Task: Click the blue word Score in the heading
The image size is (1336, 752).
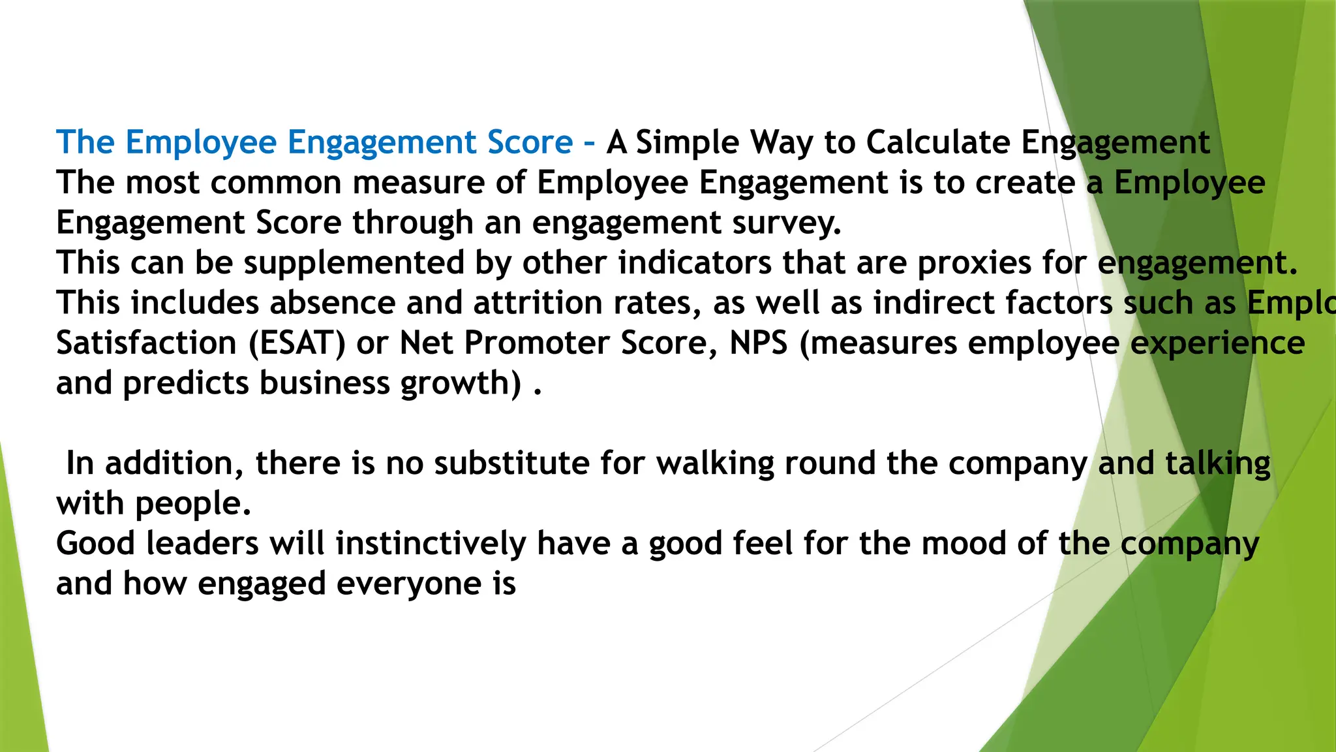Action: tap(530, 142)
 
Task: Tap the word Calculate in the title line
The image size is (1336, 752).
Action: tap(938, 142)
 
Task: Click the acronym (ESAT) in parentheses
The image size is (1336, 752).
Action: tap(297, 343)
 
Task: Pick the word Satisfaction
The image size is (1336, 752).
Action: tap(146, 343)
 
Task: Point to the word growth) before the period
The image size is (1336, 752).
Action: tap(461, 384)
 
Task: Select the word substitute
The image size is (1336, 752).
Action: tap(511, 463)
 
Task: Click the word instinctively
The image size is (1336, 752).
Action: tap(431, 544)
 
